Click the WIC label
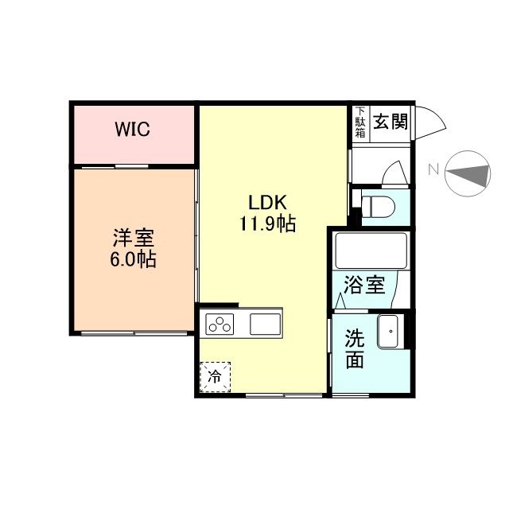133,130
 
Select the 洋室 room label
133,237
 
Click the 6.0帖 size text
133,259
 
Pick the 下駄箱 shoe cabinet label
360,123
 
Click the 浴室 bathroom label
364,285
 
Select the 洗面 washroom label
354,348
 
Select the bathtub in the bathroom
371,251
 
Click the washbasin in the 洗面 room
389,331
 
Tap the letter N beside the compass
433,169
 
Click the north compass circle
467,173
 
